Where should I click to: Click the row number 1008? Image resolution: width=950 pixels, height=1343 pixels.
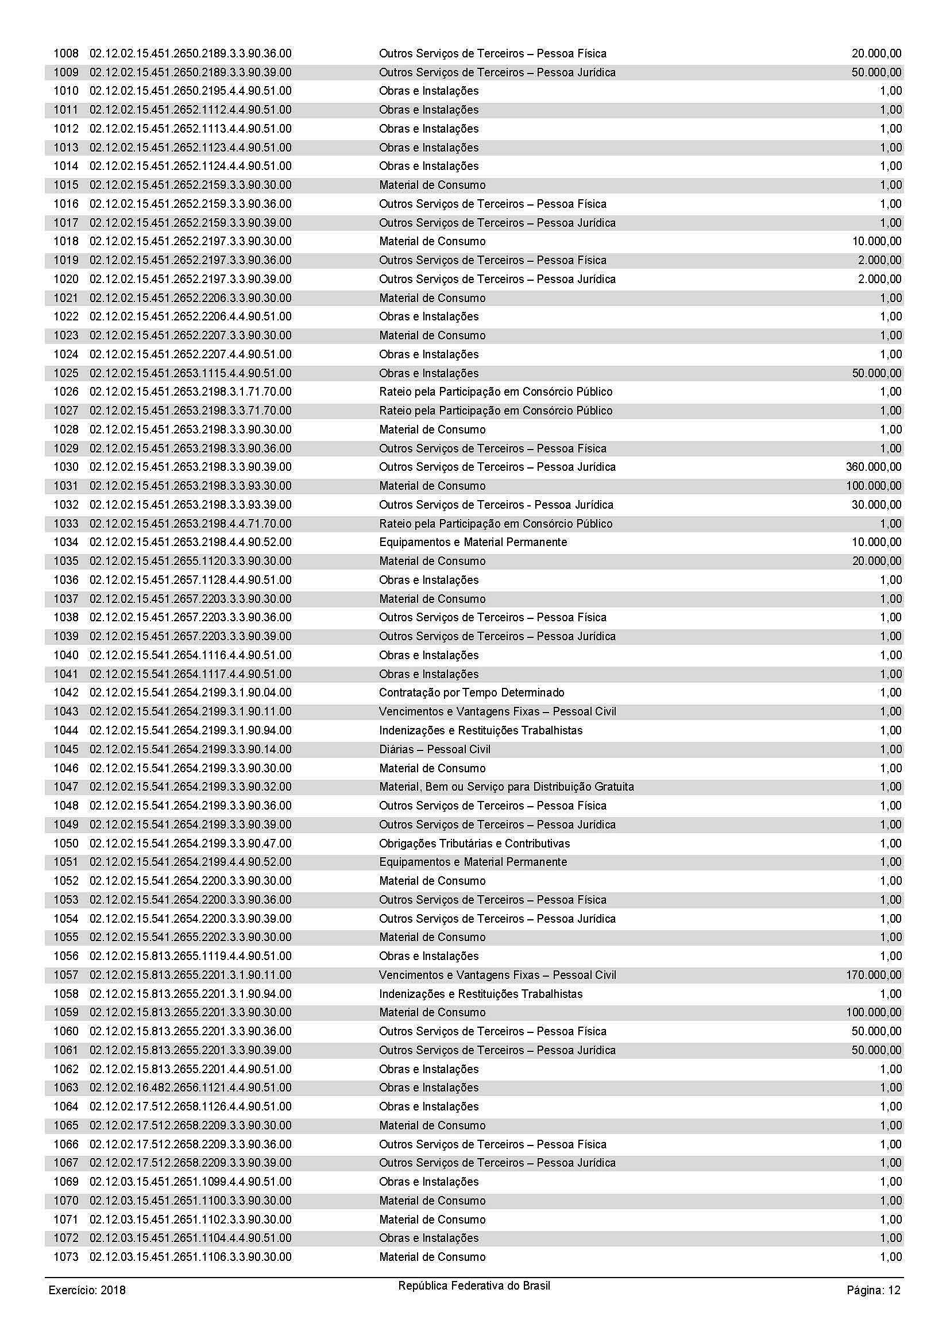tap(65, 54)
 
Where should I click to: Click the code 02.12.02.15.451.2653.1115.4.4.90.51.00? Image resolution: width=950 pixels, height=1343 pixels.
tap(190, 373)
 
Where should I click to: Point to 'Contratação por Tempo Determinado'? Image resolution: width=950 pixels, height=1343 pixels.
tap(472, 692)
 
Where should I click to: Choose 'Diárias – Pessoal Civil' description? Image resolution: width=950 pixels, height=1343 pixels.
tap(434, 749)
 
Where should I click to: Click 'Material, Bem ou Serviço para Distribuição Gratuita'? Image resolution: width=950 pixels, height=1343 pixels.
tap(506, 787)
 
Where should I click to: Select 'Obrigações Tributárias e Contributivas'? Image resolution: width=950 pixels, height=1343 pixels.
tap(474, 843)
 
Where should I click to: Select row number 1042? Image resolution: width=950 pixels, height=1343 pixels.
tap(65, 692)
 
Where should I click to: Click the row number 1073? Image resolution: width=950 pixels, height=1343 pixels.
tap(65, 1257)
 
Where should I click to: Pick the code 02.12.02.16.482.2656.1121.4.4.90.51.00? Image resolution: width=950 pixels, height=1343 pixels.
tap(190, 1087)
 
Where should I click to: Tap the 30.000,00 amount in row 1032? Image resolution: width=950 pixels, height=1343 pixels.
tap(876, 505)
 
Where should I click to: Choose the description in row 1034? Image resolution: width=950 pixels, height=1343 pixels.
tap(473, 542)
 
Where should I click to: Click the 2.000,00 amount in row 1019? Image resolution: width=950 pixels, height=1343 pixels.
tap(879, 260)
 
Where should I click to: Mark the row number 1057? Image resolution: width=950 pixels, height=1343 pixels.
tap(65, 975)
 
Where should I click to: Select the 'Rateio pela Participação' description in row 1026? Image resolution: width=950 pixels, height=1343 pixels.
tap(496, 392)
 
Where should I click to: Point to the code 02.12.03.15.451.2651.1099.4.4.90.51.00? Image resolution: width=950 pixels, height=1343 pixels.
tap(190, 1182)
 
